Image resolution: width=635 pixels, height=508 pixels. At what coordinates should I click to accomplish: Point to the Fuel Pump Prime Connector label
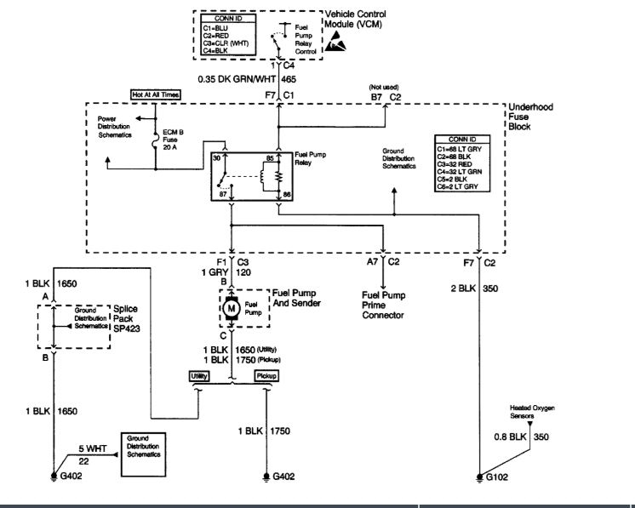(385, 305)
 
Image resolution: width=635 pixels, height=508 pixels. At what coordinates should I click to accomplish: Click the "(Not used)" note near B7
(379, 87)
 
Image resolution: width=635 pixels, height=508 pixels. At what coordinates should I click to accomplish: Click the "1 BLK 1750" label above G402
(260, 431)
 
